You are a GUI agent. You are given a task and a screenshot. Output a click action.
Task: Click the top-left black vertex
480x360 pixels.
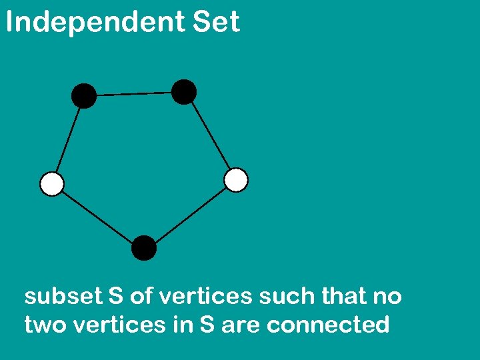pos(84,96)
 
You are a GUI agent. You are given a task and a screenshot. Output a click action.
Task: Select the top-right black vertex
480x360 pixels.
pos(184,91)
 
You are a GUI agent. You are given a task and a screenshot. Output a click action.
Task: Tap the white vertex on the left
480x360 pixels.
pos(52,183)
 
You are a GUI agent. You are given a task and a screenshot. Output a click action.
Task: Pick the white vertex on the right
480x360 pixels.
pos(236,180)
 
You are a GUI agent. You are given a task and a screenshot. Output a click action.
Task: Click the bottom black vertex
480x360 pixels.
pos(144,248)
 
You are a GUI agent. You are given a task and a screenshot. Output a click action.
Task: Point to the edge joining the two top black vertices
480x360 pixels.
pos(134,94)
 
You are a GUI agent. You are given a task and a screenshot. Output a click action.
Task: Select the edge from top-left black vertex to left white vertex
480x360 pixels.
pos(68,140)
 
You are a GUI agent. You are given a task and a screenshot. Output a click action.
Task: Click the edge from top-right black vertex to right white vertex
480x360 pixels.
pos(210,136)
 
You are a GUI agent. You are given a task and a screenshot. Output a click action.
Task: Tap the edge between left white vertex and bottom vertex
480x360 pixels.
pos(98,216)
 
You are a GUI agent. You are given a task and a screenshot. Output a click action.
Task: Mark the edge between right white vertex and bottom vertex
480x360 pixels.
pos(190,214)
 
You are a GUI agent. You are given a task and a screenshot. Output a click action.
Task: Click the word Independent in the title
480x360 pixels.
pos(95,23)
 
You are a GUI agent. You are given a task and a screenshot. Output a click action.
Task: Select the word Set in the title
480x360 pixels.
pos(217,23)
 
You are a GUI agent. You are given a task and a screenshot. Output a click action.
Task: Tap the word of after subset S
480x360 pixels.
pos(141,296)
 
